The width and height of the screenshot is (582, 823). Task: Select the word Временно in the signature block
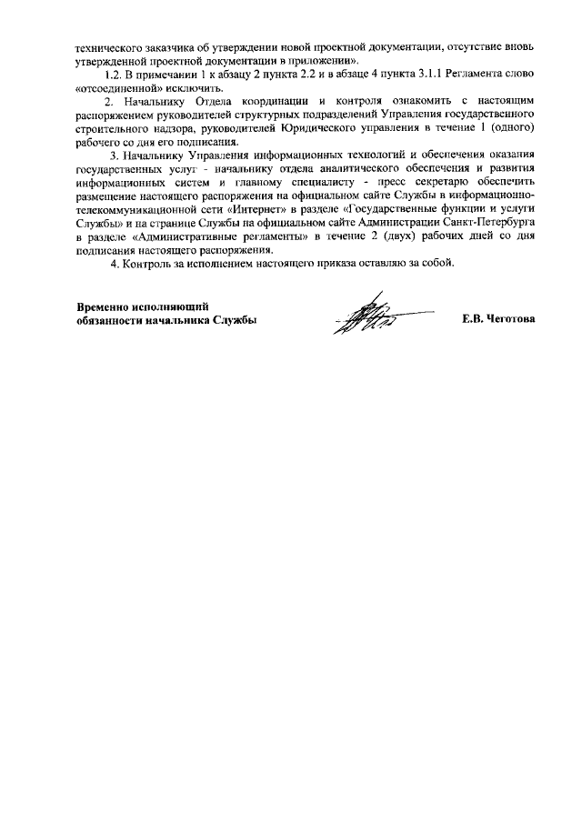tap(103, 306)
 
